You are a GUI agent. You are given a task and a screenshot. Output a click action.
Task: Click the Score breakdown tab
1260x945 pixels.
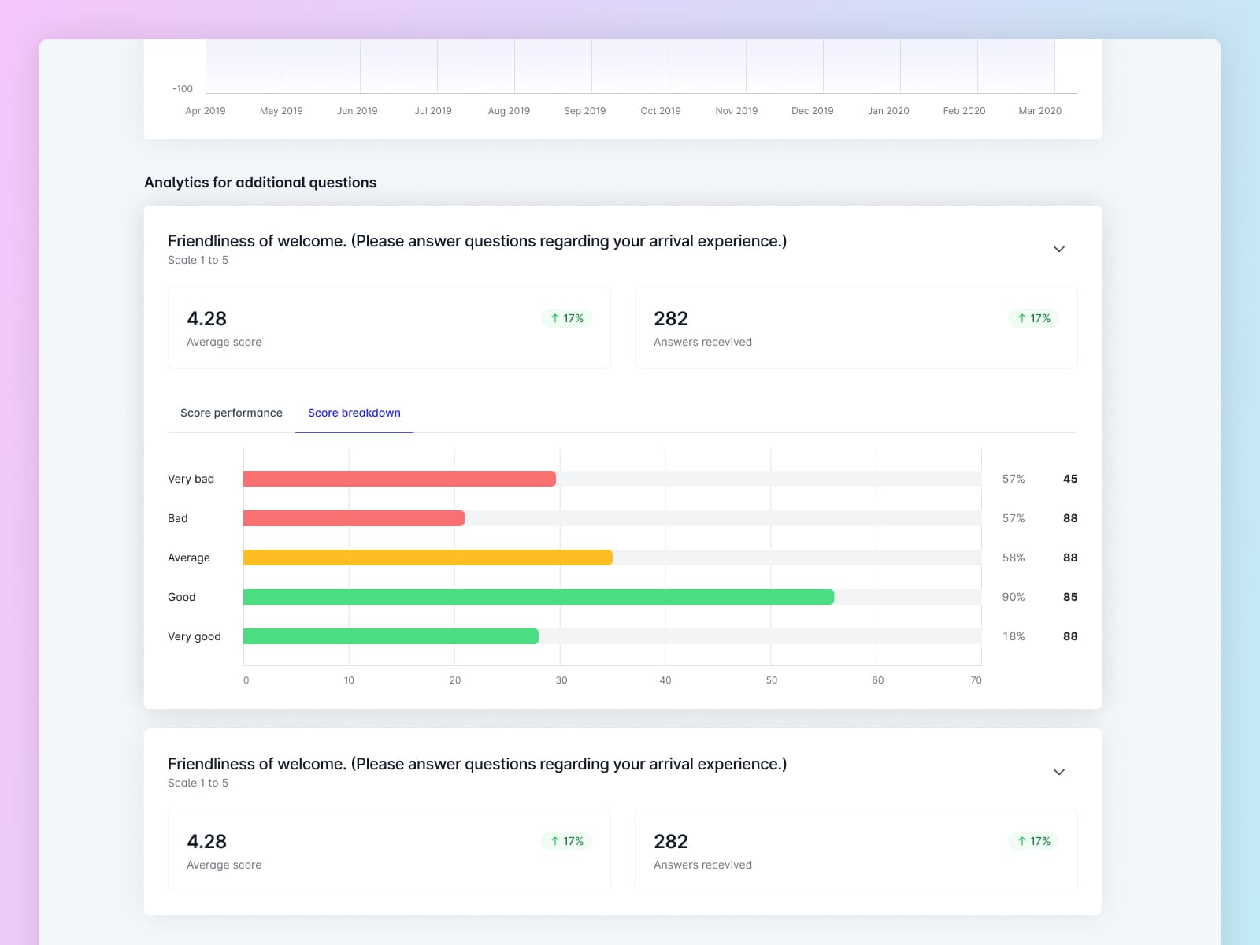(354, 413)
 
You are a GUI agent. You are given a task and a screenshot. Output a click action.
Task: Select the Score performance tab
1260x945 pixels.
(231, 413)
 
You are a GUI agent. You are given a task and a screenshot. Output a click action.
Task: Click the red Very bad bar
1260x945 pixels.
(399, 479)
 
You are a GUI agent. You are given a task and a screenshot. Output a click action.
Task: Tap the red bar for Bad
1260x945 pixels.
(354, 518)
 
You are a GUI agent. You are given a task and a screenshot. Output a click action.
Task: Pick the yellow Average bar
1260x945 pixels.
(428, 558)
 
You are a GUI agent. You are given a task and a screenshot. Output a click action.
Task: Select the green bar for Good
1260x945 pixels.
(538, 597)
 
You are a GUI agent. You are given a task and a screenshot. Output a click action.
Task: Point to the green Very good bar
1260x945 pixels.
(391, 636)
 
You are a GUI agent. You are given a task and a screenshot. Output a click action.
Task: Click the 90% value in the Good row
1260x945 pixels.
(1013, 597)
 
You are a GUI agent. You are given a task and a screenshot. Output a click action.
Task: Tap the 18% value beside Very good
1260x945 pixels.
(1013, 636)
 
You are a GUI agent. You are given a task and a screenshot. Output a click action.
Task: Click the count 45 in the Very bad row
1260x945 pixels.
(1069, 479)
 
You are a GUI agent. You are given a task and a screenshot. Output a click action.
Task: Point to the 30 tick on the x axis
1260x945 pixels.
(561, 680)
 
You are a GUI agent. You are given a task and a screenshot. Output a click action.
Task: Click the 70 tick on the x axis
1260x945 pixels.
(976, 680)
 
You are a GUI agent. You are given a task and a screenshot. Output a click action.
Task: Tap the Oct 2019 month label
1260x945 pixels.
(660, 111)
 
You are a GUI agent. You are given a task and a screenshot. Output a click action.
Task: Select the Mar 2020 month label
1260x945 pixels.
(1039, 111)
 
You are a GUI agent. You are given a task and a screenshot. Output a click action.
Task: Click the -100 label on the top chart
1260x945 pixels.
(183, 89)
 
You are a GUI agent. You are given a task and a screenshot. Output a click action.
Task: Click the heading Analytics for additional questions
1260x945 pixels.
(260, 183)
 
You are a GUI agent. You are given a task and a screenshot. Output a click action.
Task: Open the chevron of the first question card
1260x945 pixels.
(1059, 250)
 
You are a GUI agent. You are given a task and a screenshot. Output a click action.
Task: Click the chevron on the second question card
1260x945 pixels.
(1059, 773)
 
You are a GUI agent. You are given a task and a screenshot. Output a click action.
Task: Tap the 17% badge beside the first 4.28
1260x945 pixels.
(567, 318)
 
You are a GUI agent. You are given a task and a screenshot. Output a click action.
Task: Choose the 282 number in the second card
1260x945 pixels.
(670, 842)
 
